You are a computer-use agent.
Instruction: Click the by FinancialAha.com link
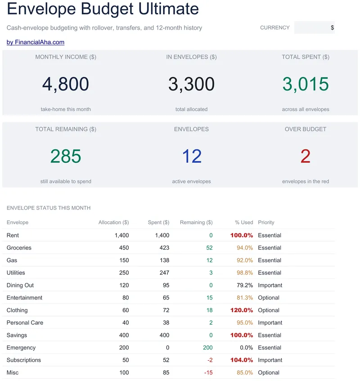pyautogui.click(x=36, y=42)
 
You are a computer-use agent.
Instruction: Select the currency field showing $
pyautogui.click(x=314, y=27)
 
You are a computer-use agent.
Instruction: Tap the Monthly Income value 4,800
pyautogui.click(x=66, y=84)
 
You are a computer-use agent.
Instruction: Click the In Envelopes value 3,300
pyautogui.click(x=191, y=84)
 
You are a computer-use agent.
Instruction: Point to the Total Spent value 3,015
pyautogui.click(x=306, y=84)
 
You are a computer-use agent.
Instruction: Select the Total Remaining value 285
pyautogui.click(x=66, y=156)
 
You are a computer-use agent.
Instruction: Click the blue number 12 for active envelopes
pyautogui.click(x=192, y=156)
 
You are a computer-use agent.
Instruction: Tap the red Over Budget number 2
pyautogui.click(x=305, y=156)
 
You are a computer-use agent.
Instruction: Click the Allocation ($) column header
pyautogui.click(x=113, y=222)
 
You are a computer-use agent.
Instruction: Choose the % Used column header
pyautogui.click(x=244, y=222)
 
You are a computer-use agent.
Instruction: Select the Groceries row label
pyautogui.click(x=19, y=247)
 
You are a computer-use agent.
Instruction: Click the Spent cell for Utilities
pyautogui.click(x=164, y=273)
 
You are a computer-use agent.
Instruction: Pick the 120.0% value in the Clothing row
pyautogui.click(x=242, y=310)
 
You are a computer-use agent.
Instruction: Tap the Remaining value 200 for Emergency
pyautogui.click(x=207, y=347)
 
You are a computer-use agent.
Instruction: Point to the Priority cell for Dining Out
pyautogui.click(x=270, y=285)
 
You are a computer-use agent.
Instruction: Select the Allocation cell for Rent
pyautogui.click(x=122, y=235)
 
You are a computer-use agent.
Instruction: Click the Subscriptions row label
pyautogui.click(x=23, y=360)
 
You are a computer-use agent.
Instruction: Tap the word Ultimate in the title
pyautogui.click(x=168, y=9)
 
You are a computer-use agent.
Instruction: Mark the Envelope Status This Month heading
pyautogui.click(x=49, y=208)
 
